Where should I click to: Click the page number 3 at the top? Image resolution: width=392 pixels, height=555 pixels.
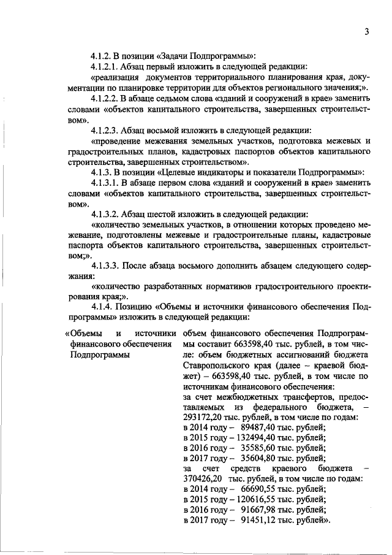tap(365, 31)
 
